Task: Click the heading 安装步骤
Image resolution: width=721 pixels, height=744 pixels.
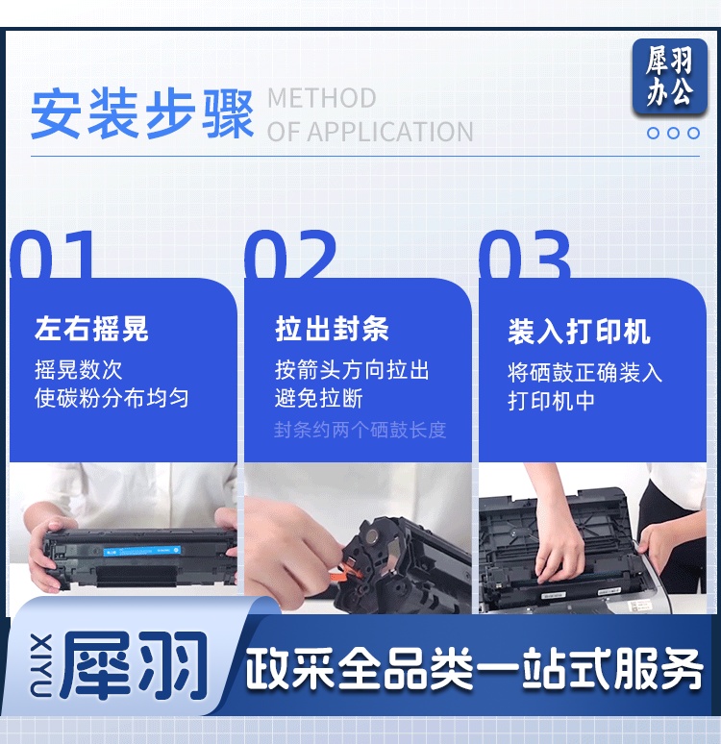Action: point(142,113)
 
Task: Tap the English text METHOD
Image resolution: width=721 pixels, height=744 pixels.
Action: point(322,98)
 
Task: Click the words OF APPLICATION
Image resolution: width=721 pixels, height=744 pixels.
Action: point(370,132)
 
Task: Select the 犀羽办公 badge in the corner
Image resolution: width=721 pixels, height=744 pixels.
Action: point(670,76)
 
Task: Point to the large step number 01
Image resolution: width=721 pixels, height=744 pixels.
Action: point(52,254)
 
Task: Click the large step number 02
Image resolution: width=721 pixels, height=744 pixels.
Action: point(290,254)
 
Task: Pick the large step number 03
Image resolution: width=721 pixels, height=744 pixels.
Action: point(525,254)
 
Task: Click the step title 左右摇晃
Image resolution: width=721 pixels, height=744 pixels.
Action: point(91,329)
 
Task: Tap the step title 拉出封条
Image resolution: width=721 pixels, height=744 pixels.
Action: point(332,329)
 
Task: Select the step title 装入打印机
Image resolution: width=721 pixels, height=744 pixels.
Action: point(579,332)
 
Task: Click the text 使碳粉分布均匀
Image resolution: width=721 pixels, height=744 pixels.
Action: point(112,398)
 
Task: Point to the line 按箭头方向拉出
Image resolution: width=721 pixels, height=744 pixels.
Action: point(352,370)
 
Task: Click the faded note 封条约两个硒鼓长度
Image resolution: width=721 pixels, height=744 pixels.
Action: point(360,430)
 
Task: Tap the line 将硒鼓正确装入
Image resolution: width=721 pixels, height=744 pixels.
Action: point(584,372)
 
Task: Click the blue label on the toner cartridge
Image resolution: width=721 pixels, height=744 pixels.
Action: point(142,551)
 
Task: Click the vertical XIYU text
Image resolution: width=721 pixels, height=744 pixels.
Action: point(40,665)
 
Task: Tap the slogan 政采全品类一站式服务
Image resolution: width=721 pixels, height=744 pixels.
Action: point(473,668)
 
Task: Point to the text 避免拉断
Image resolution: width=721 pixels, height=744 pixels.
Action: point(318,398)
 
